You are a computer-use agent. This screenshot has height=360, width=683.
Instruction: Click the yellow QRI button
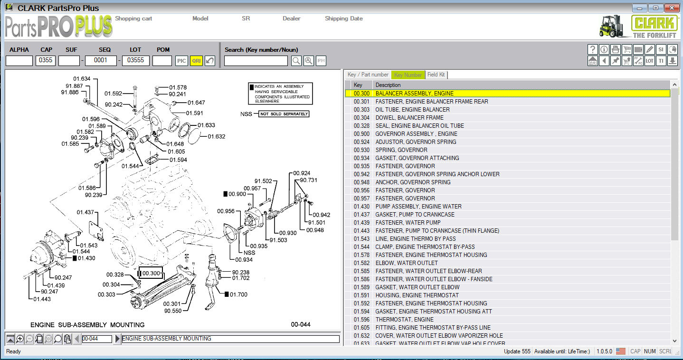(196, 61)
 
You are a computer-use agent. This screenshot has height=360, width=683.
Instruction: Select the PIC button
(181, 61)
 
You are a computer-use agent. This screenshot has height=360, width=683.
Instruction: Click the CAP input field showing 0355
(46, 60)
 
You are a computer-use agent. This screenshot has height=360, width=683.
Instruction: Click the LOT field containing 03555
(136, 60)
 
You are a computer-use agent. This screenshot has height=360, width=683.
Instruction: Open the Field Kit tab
(436, 75)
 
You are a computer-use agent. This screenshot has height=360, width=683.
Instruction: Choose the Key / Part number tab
(368, 75)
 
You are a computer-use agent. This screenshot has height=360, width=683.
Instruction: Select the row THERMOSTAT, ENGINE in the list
(404, 320)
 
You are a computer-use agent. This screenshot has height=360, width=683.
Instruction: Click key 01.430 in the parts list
(361, 207)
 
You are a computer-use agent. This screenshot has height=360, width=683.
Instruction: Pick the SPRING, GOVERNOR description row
(401, 150)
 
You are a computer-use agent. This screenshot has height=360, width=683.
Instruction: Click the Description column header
(388, 85)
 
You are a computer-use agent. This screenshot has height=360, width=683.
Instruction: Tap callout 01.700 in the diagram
(238, 294)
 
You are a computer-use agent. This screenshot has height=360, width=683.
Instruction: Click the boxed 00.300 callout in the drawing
(151, 274)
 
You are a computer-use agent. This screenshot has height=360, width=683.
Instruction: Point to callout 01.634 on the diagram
(82, 79)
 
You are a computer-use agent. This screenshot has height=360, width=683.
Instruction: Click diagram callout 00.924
(302, 173)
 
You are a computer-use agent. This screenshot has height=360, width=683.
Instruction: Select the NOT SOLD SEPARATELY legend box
(284, 114)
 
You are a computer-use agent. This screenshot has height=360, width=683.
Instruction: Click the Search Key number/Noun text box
(256, 61)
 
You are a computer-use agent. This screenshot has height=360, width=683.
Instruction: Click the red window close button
(671, 8)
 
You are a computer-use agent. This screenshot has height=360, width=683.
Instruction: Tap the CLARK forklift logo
(638, 27)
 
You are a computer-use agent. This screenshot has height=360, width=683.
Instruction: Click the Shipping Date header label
(343, 19)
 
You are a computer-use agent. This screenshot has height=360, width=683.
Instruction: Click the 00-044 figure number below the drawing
(301, 324)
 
